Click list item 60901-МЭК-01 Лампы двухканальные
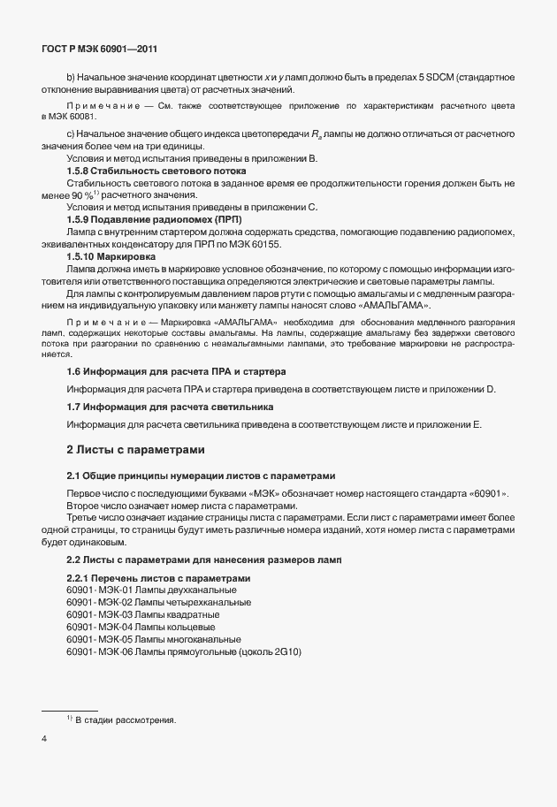[151, 590]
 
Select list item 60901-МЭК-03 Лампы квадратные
[143, 614]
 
